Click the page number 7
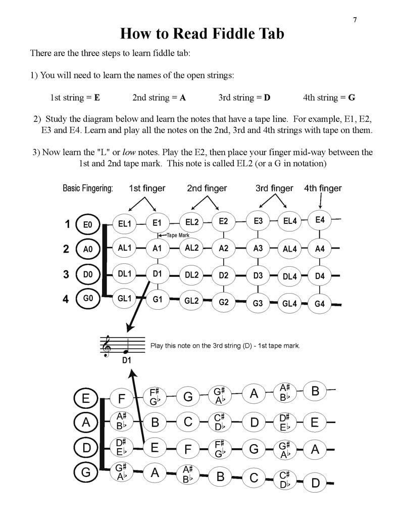[355, 20]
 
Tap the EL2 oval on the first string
[192, 222]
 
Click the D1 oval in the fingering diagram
[157, 274]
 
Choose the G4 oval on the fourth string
[320, 304]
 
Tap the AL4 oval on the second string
[290, 249]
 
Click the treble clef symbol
[107, 346]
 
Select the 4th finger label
[323, 188]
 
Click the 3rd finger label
[274, 188]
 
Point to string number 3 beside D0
[66, 274]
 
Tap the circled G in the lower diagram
[86, 472]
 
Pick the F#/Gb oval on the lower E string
[155, 397]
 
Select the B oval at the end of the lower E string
[316, 391]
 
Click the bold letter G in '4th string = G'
[351, 98]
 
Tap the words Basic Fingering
[88, 188]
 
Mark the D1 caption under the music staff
[126, 360]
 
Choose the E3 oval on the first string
[258, 221]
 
